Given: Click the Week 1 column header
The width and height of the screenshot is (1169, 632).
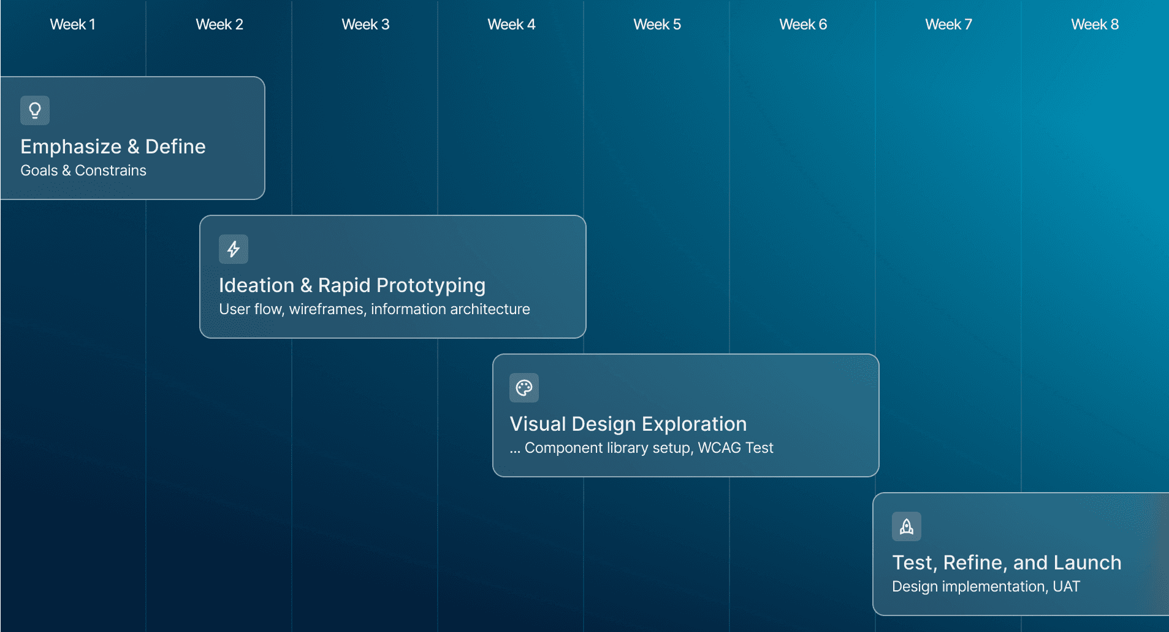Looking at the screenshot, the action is (x=72, y=25).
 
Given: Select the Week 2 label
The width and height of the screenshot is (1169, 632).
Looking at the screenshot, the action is (x=219, y=25).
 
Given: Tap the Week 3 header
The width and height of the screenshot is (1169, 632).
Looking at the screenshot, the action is (x=365, y=25).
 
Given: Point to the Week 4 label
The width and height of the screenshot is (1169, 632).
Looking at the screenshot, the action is (x=511, y=25).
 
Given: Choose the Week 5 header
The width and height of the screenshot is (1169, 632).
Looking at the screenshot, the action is (x=657, y=25).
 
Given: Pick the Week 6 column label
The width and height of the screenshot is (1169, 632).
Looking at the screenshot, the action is (x=803, y=25).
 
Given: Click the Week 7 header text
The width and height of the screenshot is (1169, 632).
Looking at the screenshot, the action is (x=949, y=25).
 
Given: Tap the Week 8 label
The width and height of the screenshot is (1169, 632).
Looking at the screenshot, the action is (x=1095, y=25).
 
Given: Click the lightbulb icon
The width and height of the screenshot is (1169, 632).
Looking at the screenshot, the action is (x=35, y=110).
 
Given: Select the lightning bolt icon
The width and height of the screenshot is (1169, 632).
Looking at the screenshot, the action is (x=234, y=249).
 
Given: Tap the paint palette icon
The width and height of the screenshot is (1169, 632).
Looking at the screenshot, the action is (x=524, y=388).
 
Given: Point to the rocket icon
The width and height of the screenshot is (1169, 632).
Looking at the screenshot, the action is (x=907, y=526).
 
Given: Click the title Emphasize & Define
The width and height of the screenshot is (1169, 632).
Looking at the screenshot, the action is (x=113, y=147).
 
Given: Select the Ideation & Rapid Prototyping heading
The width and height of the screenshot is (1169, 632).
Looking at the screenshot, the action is (x=352, y=285).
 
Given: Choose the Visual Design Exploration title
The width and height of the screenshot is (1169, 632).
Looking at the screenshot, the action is (x=628, y=424).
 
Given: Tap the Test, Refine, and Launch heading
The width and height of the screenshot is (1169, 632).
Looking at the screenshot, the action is (x=1007, y=563).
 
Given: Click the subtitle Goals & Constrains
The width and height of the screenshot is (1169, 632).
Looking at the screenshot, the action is (x=83, y=171).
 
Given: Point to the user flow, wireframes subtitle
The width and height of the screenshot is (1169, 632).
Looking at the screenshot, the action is (x=375, y=309).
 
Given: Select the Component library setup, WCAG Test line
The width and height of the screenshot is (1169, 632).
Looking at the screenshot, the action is (x=641, y=448).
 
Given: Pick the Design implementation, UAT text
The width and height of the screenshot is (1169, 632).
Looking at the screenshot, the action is (x=986, y=587).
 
